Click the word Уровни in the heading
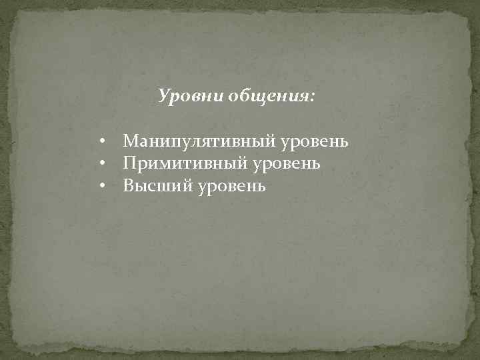[x=191, y=97]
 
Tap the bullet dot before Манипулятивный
[x=104, y=142]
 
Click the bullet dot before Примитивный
[x=104, y=163]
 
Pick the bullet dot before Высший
[x=104, y=185]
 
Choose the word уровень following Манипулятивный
[x=315, y=142]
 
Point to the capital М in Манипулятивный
[x=131, y=141]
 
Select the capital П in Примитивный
[x=130, y=163]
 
